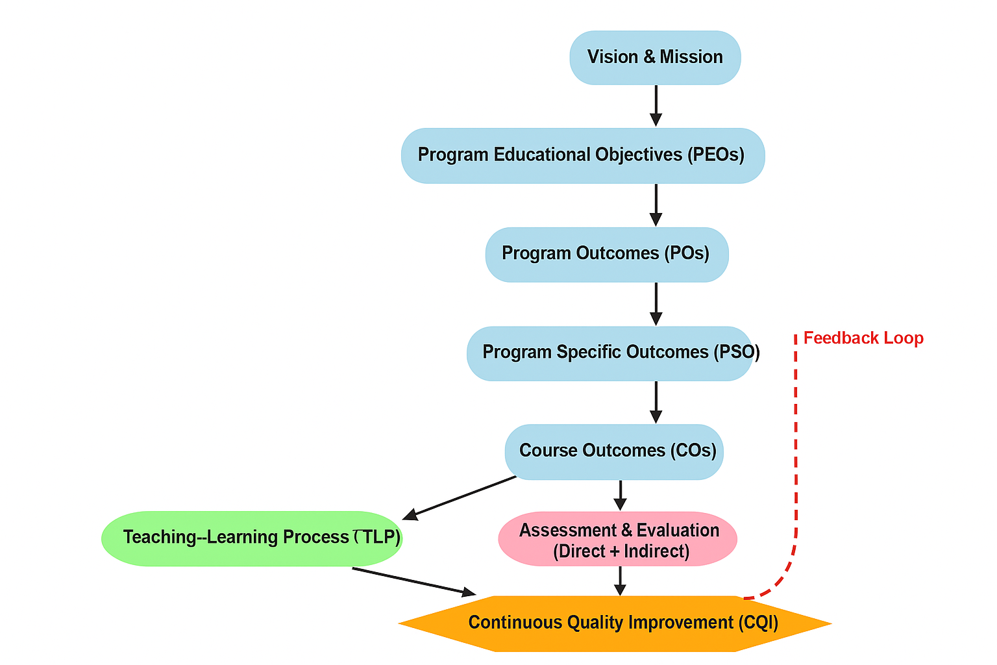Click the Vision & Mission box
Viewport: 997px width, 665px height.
655,58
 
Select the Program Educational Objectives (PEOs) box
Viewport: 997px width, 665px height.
582,156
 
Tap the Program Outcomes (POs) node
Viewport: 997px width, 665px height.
606,254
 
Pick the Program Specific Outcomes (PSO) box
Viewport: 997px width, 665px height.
609,353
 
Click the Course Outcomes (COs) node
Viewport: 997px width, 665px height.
613,452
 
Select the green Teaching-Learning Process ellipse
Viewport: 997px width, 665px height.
252,538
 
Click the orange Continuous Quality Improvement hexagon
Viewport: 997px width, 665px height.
614,623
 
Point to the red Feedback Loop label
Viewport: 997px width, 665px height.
863,338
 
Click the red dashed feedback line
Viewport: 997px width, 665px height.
796,455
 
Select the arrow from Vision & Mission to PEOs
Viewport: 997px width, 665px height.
656,105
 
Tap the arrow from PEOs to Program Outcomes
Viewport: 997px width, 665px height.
656,205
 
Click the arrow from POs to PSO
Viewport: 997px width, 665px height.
656,303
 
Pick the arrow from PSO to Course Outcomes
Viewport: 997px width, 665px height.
656,402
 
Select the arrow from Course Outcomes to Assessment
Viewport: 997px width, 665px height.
620,496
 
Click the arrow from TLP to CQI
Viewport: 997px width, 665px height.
413,581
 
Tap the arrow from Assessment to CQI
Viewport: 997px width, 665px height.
620,581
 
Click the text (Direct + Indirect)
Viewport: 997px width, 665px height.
621,552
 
